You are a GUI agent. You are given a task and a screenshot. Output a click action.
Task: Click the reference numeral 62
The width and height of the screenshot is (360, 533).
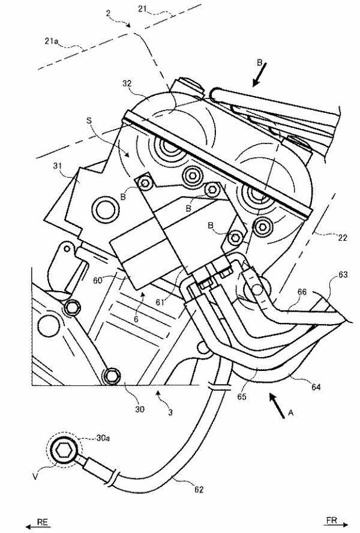pyautogui.click(x=199, y=490)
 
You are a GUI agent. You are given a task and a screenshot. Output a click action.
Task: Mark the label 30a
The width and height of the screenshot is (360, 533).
pyautogui.click(x=103, y=438)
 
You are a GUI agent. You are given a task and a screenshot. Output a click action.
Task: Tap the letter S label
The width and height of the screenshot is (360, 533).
pyautogui.click(x=89, y=120)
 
